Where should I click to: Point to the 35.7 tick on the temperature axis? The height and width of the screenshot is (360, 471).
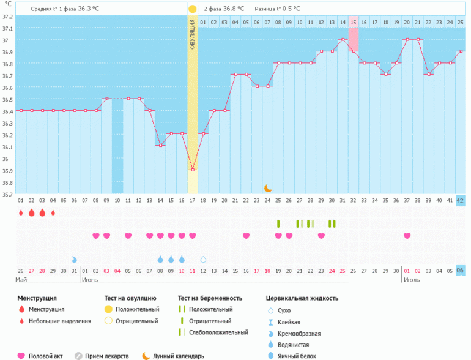pos(7,195)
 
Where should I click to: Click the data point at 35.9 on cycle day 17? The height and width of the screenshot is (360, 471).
pos(193,170)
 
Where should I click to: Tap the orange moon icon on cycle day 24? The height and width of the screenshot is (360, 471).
pos(267,188)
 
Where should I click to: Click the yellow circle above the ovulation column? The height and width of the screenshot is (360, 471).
pos(193,9)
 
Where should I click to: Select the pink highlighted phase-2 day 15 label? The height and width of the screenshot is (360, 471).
pos(353,22)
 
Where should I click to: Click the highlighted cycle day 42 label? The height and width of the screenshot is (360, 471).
pos(461,200)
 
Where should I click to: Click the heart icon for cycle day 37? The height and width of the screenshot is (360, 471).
pos(407,236)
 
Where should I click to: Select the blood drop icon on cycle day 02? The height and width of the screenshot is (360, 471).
pos(31,212)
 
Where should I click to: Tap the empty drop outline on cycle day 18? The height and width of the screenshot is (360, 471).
pos(203,259)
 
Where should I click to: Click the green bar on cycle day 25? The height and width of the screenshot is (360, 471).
pos(278,223)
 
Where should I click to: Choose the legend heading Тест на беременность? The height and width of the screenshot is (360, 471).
pos(210,298)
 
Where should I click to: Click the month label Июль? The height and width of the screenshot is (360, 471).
pos(411,279)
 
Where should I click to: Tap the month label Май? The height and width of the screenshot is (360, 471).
pos(22,279)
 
